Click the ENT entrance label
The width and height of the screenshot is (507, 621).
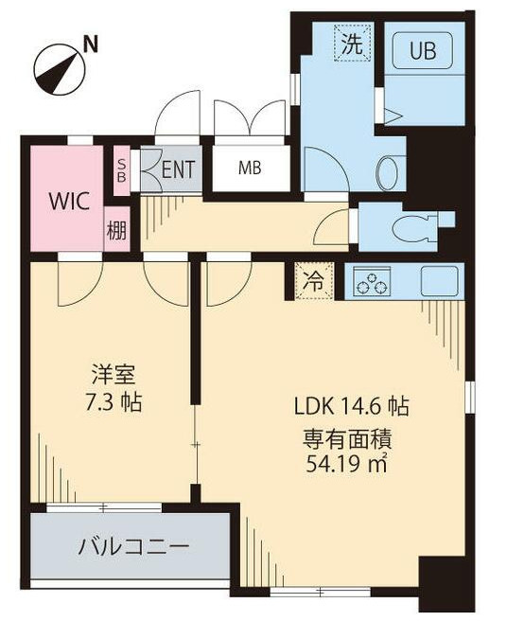(177, 170)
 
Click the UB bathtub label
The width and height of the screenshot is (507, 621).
(423, 51)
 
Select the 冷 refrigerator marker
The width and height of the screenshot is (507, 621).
(313, 280)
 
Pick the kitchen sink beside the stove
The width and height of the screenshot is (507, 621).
(438, 281)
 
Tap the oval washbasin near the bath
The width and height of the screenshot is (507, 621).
(388, 172)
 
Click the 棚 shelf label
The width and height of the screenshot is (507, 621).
(115, 230)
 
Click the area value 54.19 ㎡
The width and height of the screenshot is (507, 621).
(348, 464)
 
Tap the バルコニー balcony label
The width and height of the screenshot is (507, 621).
(132, 546)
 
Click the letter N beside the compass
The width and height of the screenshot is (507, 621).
(91, 43)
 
